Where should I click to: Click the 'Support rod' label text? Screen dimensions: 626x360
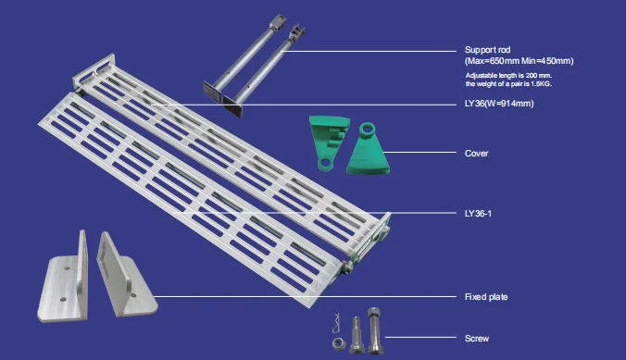point(487,50)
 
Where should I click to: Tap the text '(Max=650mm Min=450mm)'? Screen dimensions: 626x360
point(519,61)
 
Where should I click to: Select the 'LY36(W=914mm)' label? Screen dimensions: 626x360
point(499,104)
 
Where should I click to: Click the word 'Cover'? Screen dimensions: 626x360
point(476,154)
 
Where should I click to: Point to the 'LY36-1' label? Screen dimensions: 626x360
point(478,214)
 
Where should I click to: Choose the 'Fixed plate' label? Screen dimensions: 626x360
point(486,297)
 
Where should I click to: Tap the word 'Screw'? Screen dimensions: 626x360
point(477,339)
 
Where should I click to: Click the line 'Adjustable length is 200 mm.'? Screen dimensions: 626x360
point(508,76)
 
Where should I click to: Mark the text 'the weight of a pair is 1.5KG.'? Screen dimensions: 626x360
point(508,84)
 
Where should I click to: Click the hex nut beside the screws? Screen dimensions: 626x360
point(339,342)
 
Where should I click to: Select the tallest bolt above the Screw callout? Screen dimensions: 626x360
point(374,330)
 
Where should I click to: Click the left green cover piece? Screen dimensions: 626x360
point(329,143)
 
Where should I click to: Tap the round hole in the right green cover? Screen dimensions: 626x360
point(367,129)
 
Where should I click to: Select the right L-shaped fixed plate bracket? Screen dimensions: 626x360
point(126,276)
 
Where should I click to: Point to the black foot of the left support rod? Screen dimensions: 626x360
point(213,91)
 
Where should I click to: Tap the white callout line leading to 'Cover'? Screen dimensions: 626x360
point(419,153)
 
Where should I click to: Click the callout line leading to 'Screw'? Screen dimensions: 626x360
point(420,337)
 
